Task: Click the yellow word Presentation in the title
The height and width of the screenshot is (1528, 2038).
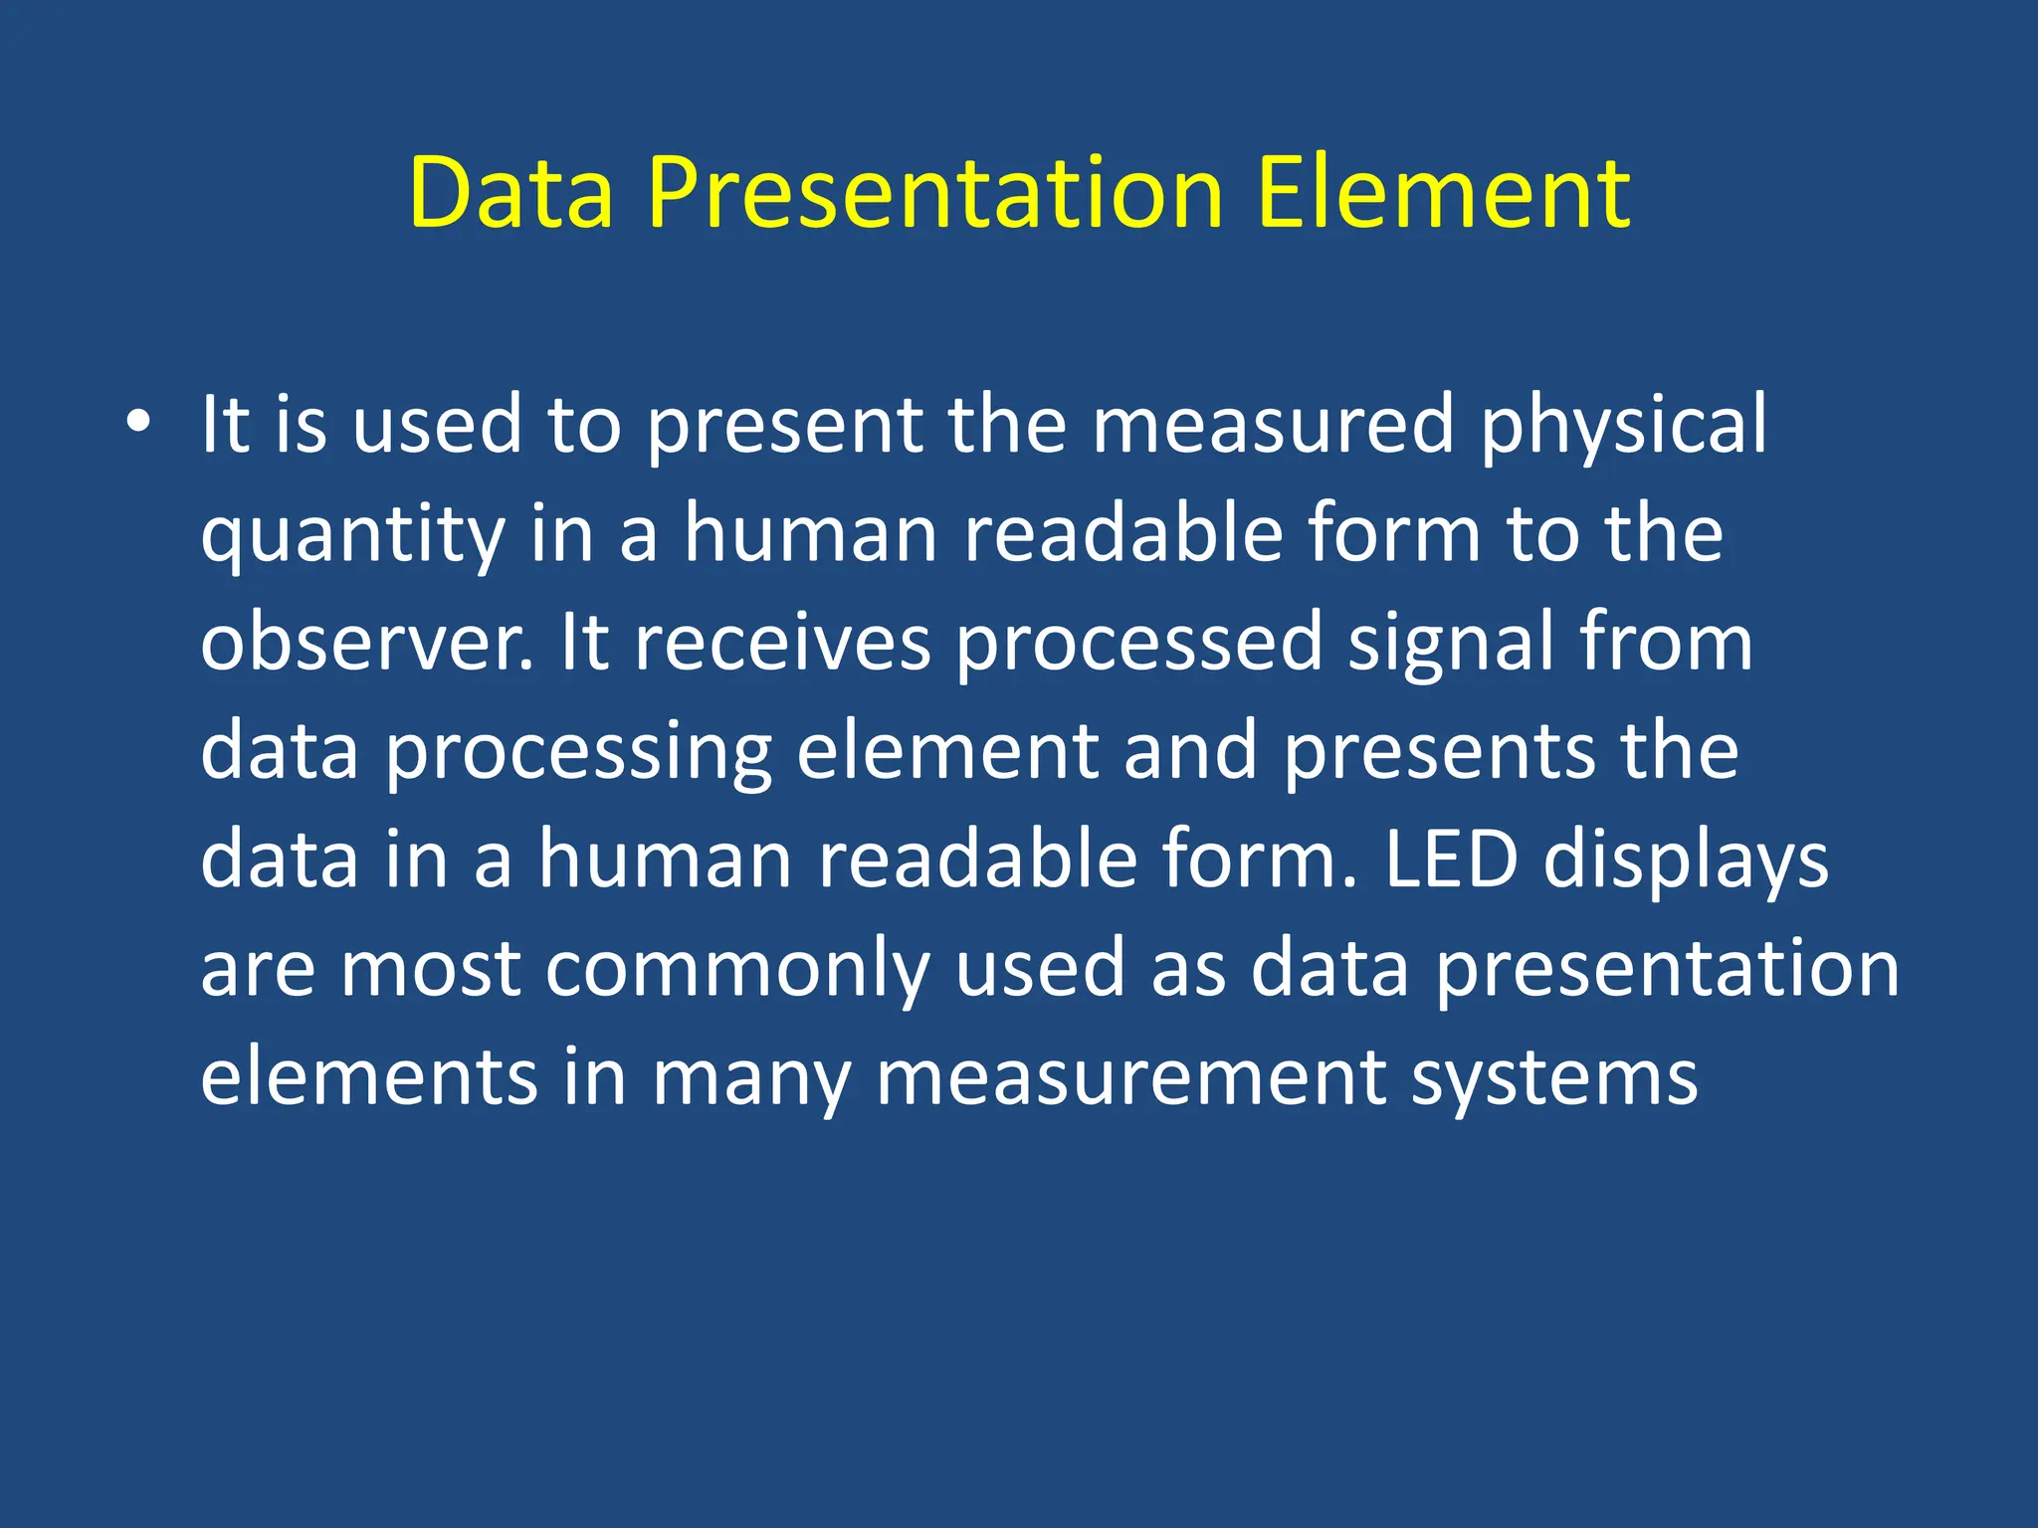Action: pos(934,193)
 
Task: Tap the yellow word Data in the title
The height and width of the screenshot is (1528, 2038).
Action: pos(510,193)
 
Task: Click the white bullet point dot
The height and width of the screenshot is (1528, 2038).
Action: pos(138,422)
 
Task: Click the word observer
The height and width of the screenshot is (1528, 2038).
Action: pos(364,643)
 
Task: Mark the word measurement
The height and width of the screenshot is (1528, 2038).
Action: pos(1130,1078)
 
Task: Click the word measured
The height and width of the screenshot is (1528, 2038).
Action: pos(1274,426)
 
